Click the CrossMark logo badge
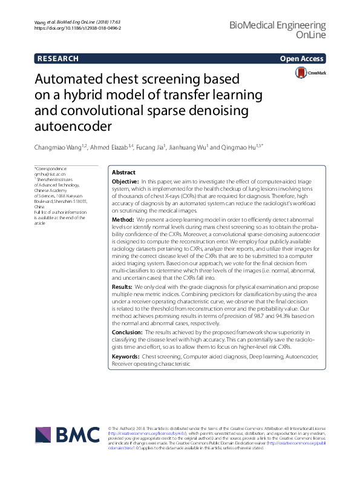310,73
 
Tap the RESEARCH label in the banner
57,59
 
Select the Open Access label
301,59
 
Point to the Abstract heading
124,173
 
